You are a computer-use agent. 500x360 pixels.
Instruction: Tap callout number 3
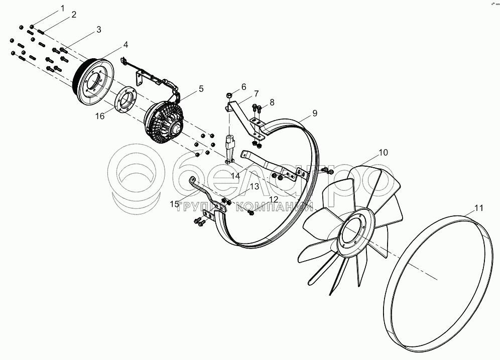pos(99,29)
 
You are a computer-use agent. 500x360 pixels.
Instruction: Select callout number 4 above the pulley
pos(126,45)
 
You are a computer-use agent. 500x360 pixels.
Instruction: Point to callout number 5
pos(201,89)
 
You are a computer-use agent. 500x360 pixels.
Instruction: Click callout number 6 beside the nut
pos(244,86)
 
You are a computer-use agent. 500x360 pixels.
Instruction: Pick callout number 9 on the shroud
pos(315,113)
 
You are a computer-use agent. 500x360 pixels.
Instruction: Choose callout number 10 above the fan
pos(383,152)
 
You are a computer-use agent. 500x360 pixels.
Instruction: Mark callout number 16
pos(100,116)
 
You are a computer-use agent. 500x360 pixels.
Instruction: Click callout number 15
pos(174,204)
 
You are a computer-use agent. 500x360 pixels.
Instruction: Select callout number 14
pos(235,176)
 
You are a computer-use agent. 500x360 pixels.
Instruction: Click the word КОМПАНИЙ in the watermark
pos(275,206)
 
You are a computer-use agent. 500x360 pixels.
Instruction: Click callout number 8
pos(272,102)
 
